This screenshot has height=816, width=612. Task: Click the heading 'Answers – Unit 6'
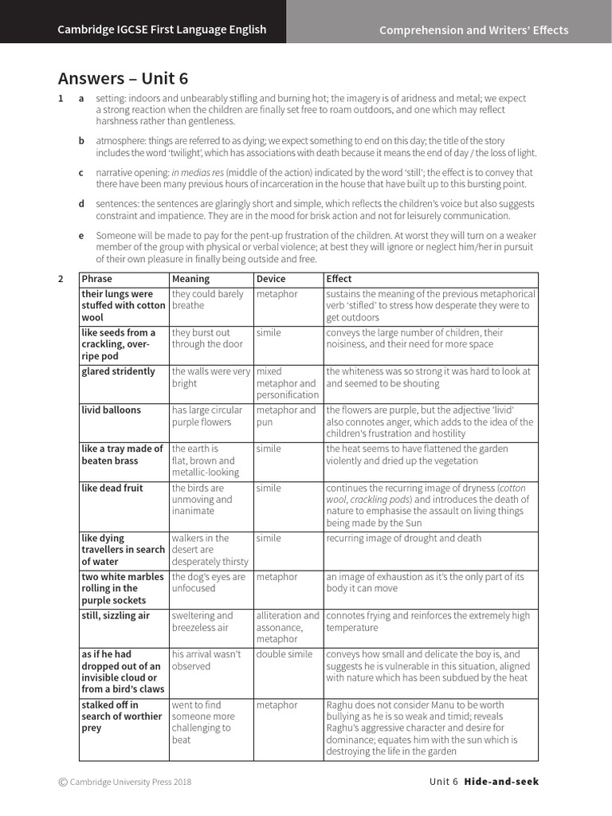click(124, 78)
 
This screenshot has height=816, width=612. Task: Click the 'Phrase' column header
click(97, 279)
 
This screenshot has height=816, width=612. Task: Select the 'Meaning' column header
click(190, 279)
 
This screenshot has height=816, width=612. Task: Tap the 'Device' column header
click(271, 279)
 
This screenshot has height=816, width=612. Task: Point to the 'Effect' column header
click(339, 279)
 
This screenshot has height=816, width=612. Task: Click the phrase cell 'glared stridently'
click(119, 371)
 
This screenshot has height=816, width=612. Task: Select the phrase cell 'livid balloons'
click(111, 410)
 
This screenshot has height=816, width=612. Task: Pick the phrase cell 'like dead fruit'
click(112, 488)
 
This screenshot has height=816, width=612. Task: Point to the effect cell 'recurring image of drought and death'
click(404, 538)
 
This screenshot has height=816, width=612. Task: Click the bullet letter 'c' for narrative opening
click(80, 172)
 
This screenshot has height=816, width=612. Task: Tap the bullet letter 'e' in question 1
click(80, 235)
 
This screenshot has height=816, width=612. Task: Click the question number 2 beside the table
click(61, 279)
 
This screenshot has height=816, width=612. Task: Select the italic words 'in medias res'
click(199, 172)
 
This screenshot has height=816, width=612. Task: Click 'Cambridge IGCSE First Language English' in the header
click(162, 30)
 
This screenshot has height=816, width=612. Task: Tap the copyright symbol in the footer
click(63, 783)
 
